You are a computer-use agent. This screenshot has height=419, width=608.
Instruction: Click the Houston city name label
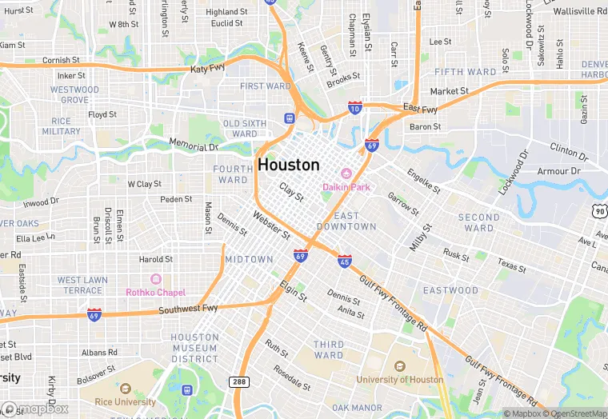click(289, 165)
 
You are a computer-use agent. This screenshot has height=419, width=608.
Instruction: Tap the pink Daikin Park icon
click(346, 174)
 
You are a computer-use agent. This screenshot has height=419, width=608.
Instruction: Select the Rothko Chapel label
click(157, 292)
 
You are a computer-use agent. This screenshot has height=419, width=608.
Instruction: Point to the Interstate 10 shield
click(355, 107)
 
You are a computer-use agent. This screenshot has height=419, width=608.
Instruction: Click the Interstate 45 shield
click(344, 261)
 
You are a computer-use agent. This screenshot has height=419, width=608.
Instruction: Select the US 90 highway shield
click(600, 210)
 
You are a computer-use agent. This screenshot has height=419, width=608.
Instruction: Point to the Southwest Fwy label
click(188, 309)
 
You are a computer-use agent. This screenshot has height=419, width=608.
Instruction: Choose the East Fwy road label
click(420, 109)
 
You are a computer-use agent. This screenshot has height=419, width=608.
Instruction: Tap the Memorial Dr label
click(194, 145)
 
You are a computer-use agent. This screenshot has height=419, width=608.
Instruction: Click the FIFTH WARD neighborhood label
click(466, 72)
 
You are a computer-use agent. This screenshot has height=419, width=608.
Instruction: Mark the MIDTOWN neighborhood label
click(249, 260)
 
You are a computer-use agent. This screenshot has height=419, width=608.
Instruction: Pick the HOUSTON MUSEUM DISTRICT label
click(194, 348)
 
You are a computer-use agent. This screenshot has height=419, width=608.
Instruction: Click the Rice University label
click(124, 401)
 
